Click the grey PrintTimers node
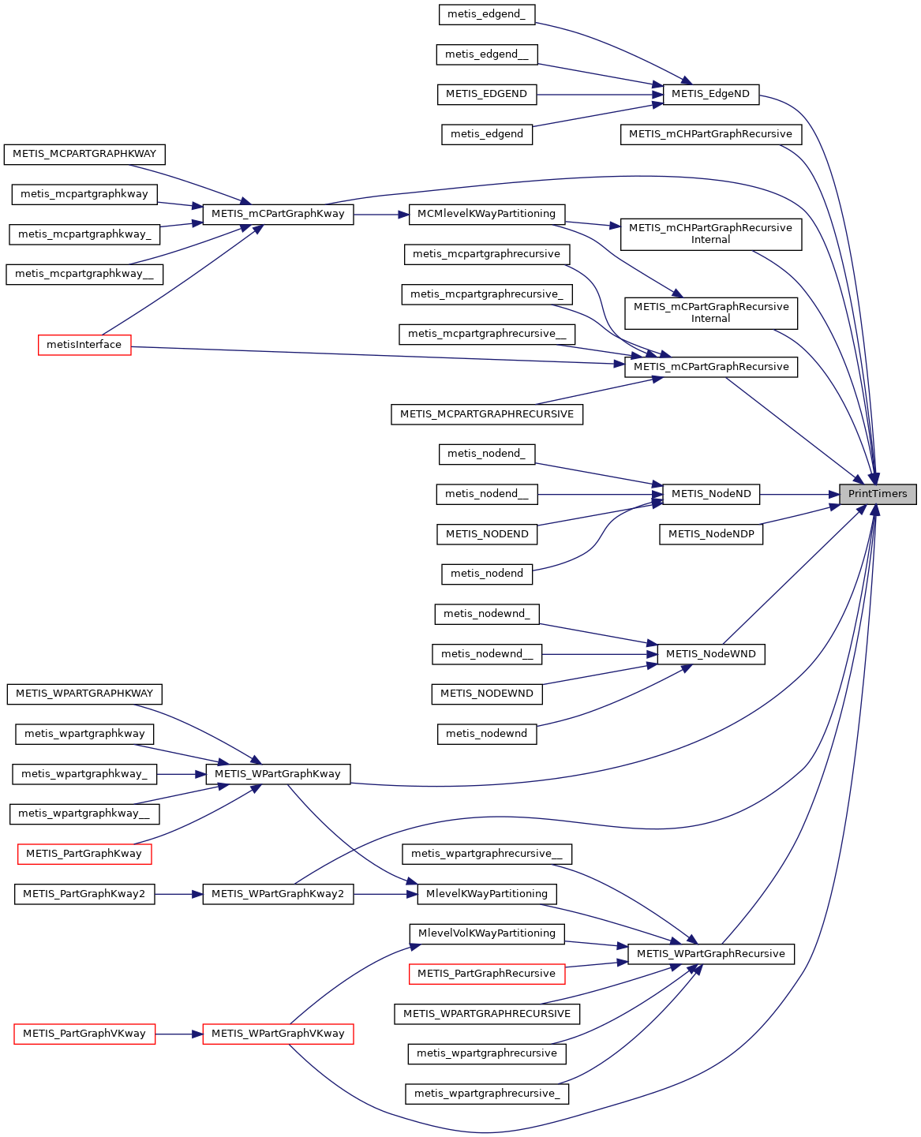[878, 494]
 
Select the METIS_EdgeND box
[710, 94]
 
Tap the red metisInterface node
[84, 345]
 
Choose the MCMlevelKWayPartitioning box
[486, 214]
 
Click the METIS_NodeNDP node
[710, 534]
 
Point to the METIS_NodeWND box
[710, 654]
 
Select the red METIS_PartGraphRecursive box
[486, 974]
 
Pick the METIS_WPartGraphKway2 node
[278, 894]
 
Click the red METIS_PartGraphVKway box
[84, 1034]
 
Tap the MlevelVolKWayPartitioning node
[486, 933]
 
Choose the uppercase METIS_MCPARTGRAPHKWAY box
[84, 154]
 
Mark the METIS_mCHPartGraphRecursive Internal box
[710, 234]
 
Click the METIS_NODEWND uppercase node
[486, 694]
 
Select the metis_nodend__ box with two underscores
[486, 494]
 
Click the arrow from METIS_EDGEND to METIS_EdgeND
[600, 95]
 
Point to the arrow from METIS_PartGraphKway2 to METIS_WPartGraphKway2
[179, 894]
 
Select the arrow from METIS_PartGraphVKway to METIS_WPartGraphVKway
[179, 1034]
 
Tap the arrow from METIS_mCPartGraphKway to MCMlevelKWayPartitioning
[381, 214]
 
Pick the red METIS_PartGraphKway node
[84, 854]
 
